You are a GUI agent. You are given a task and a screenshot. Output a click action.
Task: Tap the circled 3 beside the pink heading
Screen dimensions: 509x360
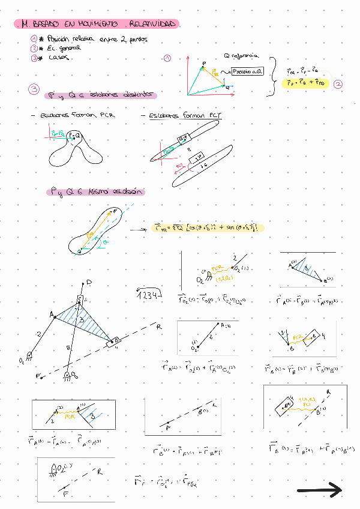(34, 91)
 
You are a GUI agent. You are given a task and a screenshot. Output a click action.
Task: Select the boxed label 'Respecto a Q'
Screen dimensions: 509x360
(247, 71)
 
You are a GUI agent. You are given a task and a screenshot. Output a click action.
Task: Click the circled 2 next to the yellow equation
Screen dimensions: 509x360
(338, 84)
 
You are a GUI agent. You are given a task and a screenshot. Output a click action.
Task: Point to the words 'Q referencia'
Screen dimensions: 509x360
(241, 56)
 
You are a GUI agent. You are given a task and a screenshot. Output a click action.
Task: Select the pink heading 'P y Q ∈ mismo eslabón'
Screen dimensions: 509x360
(96, 193)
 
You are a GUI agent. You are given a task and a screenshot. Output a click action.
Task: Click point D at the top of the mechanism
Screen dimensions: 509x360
(89, 282)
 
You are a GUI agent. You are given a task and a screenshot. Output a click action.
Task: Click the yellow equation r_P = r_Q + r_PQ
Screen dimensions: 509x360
(305, 83)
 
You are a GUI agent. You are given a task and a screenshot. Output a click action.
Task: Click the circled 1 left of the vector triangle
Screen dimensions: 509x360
(167, 58)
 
